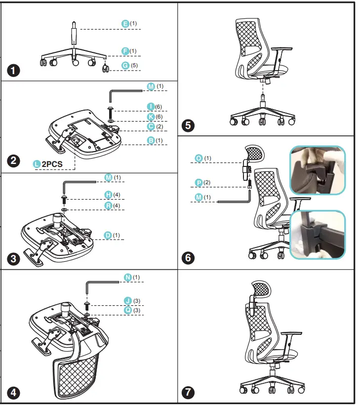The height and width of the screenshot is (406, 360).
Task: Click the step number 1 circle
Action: pyautogui.click(x=15, y=71)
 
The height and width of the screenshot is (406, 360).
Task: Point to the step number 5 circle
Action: pyautogui.click(x=188, y=125)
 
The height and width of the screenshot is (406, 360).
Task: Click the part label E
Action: pyautogui.click(x=125, y=24)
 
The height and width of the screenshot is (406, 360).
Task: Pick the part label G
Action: pyautogui.click(x=125, y=65)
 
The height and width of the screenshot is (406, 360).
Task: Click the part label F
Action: pyautogui.click(x=125, y=51)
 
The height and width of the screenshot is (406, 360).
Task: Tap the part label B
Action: pyautogui.click(x=152, y=140)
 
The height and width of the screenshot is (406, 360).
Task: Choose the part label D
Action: pyautogui.click(x=108, y=236)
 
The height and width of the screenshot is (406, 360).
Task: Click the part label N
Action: pyautogui.click(x=128, y=278)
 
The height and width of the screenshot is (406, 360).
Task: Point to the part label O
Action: pyautogui.click(x=199, y=158)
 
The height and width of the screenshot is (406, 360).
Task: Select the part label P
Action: pyautogui.click(x=199, y=183)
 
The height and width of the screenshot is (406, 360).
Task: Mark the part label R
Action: pyautogui.click(x=108, y=205)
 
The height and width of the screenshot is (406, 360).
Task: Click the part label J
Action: pyautogui.click(x=128, y=301)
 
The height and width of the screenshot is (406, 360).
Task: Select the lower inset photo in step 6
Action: pyautogui.click(x=317, y=235)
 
